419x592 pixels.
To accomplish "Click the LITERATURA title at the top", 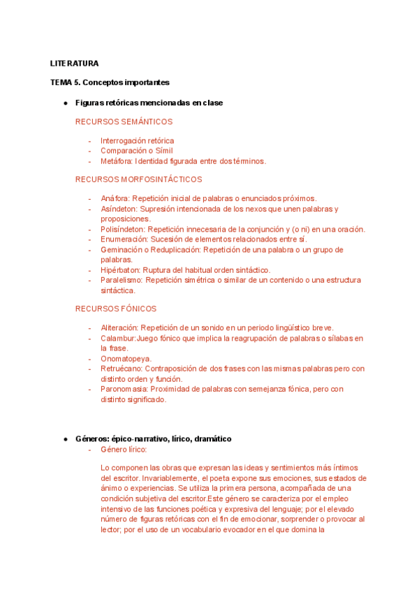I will click(x=75, y=64).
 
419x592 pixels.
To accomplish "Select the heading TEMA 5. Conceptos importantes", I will click(x=110, y=82).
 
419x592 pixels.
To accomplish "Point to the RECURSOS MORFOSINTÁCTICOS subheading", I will click(x=138, y=179).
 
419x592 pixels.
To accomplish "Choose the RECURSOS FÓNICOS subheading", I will click(x=116, y=309).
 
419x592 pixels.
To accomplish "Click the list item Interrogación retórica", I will click(x=137, y=141).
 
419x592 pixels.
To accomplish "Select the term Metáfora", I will click(x=115, y=161).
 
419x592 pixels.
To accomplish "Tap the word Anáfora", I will click(x=115, y=198).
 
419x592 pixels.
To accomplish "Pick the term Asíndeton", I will click(x=118, y=209).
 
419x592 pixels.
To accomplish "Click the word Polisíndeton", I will click(x=122, y=229).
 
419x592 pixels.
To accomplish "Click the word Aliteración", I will click(x=119, y=328).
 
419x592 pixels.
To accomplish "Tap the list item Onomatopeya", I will click(x=126, y=359).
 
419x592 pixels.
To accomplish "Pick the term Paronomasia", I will click(x=124, y=389).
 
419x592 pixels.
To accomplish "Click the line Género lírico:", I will click(x=124, y=449).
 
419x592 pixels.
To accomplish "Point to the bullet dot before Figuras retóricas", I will click(x=65, y=103).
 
